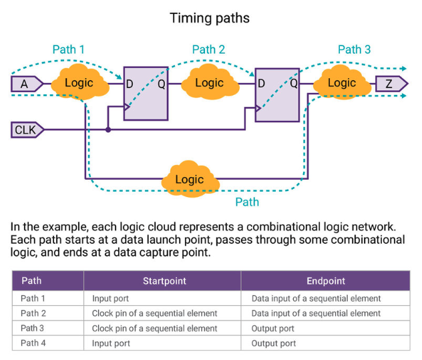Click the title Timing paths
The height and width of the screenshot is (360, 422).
click(210, 18)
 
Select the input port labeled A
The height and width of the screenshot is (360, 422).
click(26, 83)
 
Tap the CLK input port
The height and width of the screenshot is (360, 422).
click(27, 130)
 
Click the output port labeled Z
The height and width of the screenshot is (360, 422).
click(391, 83)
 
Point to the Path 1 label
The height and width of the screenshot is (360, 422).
click(69, 49)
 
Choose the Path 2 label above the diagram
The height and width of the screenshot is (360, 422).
click(208, 49)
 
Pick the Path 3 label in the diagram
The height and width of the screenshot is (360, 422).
click(354, 49)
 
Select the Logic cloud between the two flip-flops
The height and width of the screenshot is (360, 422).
click(209, 83)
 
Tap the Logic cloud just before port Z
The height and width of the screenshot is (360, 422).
click(341, 83)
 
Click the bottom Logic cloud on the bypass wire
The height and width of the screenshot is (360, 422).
click(189, 179)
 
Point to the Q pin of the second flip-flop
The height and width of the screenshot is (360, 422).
click(294, 83)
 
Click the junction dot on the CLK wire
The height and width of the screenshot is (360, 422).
click(108, 130)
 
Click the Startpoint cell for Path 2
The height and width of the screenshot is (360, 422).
click(155, 313)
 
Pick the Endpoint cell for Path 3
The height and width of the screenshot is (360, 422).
click(273, 329)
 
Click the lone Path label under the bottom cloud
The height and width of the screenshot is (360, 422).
click(246, 202)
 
